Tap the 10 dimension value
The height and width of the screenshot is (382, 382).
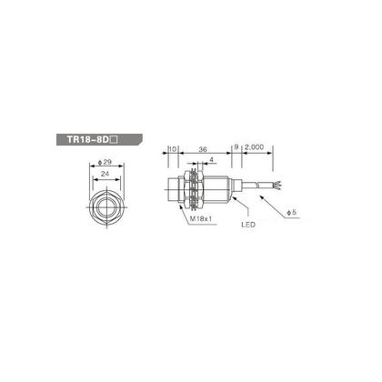click(x=172, y=146)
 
